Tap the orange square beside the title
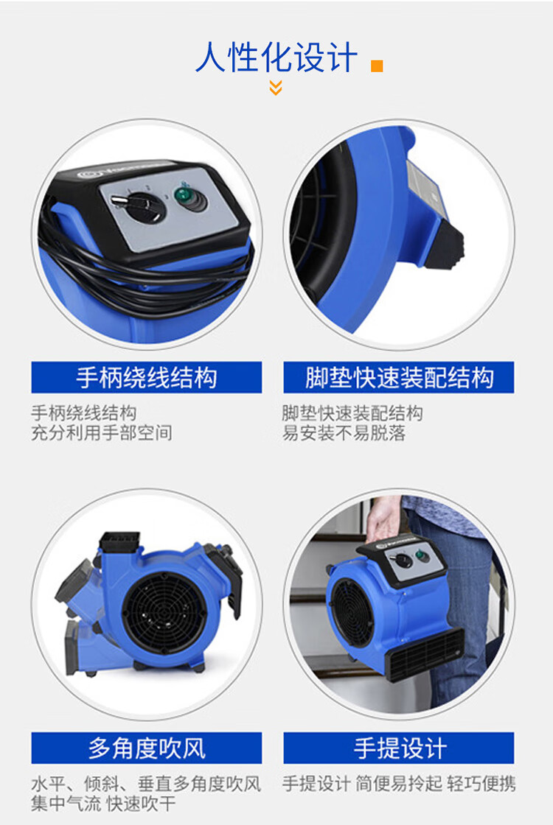pyautogui.click(x=377, y=66)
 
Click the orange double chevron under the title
pyautogui.click(x=276, y=88)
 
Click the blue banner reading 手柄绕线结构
pyautogui.click(x=147, y=377)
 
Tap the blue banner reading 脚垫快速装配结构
pyautogui.click(x=399, y=377)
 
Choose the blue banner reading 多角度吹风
pyautogui.click(x=147, y=748)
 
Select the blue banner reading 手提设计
pyautogui.click(x=399, y=748)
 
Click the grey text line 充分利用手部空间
pyautogui.click(x=102, y=433)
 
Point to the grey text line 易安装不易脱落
pyautogui.click(x=344, y=433)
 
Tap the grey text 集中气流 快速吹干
pyautogui.click(x=103, y=804)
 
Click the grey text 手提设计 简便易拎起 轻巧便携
pyautogui.click(x=399, y=784)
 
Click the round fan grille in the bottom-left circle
pyautogui.click(x=164, y=612)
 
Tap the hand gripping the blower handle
pyautogui.click(x=383, y=519)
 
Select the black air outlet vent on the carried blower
pyautogui.click(x=425, y=654)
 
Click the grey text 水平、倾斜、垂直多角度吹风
pyautogui.click(x=146, y=784)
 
